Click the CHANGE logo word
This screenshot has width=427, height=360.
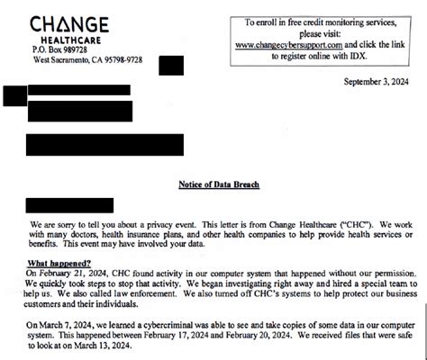tap(69, 25)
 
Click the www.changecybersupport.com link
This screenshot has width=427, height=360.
tap(289, 44)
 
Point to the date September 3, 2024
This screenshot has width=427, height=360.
tap(381, 82)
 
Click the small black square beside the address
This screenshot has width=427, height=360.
tap(170, 66)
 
